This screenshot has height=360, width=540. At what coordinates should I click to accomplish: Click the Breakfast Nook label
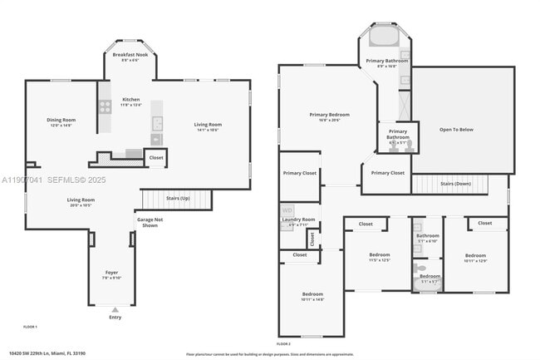[131, 55]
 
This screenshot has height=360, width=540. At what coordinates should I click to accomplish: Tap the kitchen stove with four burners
[106, 106]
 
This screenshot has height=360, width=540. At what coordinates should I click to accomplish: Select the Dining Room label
[61, 120]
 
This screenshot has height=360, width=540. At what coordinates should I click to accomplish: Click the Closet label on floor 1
[155, 157]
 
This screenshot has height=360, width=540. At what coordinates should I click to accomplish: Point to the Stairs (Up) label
[177, 199]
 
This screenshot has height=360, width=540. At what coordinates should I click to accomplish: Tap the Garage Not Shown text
[149, 222]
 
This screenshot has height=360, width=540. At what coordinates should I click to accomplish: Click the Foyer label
[111, 273]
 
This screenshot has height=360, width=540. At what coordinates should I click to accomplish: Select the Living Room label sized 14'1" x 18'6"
[209, 124]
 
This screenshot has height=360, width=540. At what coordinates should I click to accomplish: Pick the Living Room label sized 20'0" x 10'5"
[81, 200]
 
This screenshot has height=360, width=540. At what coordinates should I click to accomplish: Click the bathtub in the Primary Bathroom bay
[383, 37]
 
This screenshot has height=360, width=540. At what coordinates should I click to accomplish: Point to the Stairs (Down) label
[454, 183]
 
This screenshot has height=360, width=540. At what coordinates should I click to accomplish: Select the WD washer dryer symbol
[287, 210]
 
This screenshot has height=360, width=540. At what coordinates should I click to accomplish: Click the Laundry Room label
[297, 219]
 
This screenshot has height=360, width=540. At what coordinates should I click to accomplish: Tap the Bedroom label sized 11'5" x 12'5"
[379, 254]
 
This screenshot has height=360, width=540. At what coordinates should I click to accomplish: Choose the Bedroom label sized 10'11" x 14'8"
[312, 294]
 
